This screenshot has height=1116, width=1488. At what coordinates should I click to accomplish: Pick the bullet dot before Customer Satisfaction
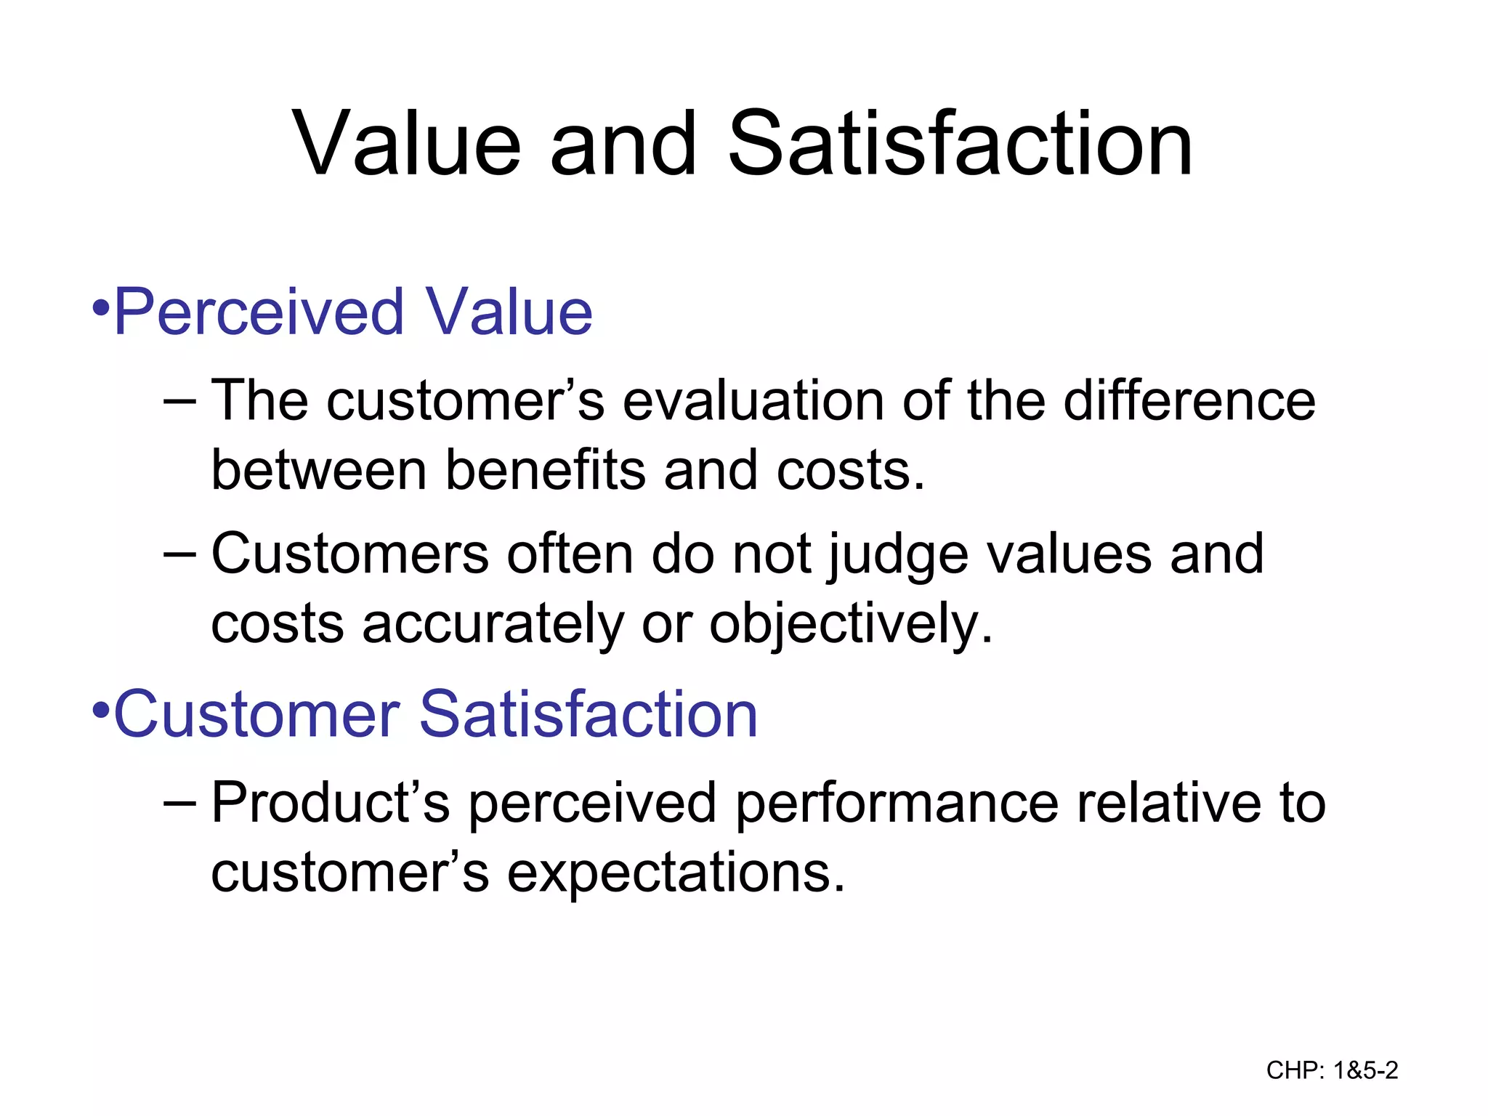click(101, 709)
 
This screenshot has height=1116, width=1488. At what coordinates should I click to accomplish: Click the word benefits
click(545, 470)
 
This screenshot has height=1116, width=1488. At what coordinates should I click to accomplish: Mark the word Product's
click(331, 803)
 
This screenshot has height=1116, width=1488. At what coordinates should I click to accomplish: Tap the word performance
click(897, 804)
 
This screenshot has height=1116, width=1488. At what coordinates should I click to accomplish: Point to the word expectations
click(676, 873)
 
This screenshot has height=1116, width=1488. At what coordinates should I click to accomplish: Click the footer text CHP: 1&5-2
click(1332, 1070)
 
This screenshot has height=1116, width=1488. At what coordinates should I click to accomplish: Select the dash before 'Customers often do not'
click(180, 554)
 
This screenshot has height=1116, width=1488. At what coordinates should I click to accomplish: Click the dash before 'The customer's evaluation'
click(180, 401)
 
